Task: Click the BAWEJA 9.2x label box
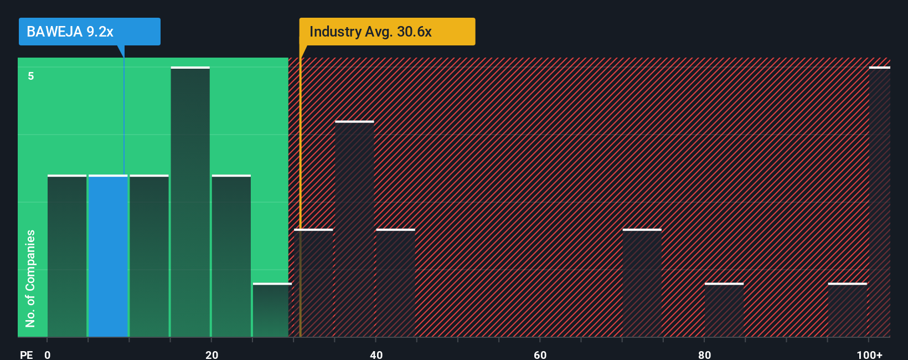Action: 89,32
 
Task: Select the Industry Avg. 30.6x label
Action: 386,32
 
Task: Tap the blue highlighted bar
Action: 108,256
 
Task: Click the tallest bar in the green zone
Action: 190,202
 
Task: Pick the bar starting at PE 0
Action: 66,256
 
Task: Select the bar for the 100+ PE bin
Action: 879,202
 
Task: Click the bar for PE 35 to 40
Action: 354,229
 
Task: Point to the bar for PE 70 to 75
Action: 642,283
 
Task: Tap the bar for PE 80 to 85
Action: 724,310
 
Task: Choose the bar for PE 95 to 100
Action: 847,310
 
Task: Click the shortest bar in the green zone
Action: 272,310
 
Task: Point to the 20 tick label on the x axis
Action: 211,354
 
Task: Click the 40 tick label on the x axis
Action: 376,354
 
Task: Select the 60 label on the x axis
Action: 540,354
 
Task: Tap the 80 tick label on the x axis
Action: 704,354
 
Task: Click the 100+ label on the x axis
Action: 869,354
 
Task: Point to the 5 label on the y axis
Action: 31,76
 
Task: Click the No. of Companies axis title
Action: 30,278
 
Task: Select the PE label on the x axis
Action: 26,354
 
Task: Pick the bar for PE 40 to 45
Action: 395,283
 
